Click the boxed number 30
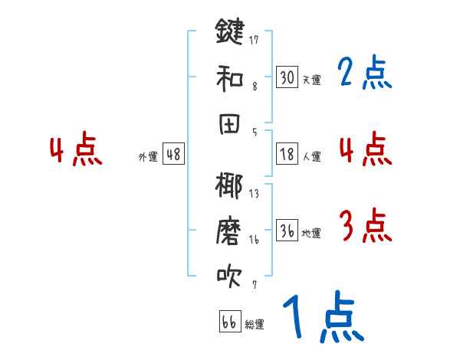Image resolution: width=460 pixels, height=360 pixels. click(x=287, y=77)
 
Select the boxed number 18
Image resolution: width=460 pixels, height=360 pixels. click(x=287, y=154)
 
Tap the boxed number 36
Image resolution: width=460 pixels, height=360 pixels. click(x=287, y=231)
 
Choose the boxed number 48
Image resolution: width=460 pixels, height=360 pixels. click(x=173, y=154)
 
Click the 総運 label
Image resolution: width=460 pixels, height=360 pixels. click(x=255, y=324)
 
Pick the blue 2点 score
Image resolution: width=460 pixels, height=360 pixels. click(x=365, y=74)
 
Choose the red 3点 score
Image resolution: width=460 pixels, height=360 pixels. click(x=365, y=226)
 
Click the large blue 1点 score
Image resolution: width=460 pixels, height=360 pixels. click(x=322, y=318)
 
